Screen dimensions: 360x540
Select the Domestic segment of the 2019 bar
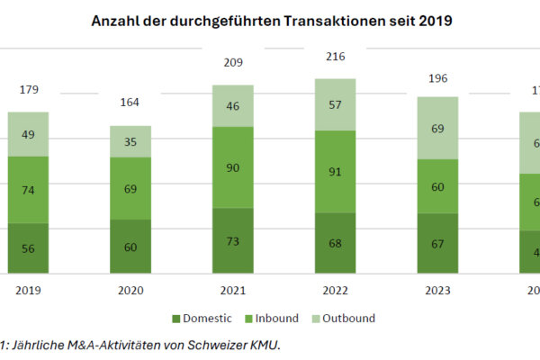(x=29, y=247)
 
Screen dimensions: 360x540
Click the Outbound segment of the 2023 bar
(x=437, y=128)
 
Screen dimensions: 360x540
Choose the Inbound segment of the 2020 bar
(x=131, y=188)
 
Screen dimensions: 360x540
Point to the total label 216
(x=336, y=57)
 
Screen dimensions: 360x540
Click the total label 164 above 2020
(x=131, y=103)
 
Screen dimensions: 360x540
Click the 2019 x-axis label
(x=29, y=291)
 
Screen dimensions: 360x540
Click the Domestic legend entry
(x=202, y=318)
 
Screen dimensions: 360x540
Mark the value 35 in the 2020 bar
(x=131, y=141)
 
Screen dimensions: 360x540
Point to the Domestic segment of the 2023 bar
(x=437, y=243)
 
